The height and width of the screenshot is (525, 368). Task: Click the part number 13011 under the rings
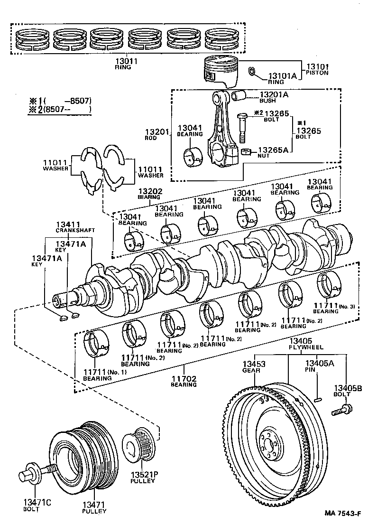[126, 61]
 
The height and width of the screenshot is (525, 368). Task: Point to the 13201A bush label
[274, 95]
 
